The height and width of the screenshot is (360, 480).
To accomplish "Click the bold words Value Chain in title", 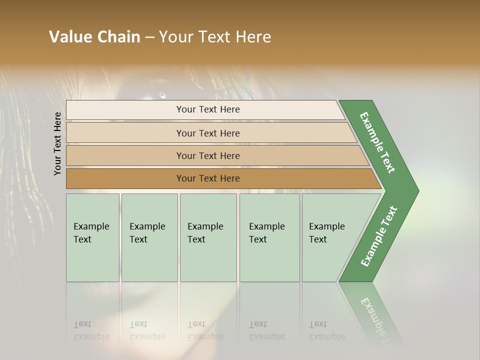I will pyautogui.click(x=94, y=37).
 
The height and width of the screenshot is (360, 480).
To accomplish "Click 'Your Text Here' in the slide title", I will pyautogui.click(x=215, y=37).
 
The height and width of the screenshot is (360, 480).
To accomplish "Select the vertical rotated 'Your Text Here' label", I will pyautogui.click(x=57, y=143).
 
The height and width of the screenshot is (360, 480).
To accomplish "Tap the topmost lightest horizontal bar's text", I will pyautogui.click(x=208, y=109).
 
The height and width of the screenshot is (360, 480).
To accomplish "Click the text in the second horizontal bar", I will pyautogui.click(x=208, y=133).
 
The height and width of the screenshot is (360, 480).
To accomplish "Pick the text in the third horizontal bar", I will pyautogui.click(x=208, y=156).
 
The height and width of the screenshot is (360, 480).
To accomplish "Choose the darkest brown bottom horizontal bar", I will pyautogui.click(x=208, y=178).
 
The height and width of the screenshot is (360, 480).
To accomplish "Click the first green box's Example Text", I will pyautogui.click(x=91, y=232).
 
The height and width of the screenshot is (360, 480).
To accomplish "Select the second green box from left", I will pyautogui.click(x=149, y=237).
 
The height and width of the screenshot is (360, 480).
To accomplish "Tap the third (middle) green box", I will pyautogui.click(x=208, y=237).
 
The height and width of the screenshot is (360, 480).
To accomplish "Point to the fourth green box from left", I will pyautogui.click(x=269, y=237).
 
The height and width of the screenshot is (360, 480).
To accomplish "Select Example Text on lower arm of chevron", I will pyautogui.click(x=378, y=236).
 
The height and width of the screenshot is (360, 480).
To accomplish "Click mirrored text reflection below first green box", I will pyautogui.click(x=91, y=330).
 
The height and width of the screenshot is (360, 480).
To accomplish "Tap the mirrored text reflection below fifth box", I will pyautogui.click(x=326, y=330).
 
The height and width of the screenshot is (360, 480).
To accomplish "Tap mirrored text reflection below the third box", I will pyautogui.click(x=205, y=330).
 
